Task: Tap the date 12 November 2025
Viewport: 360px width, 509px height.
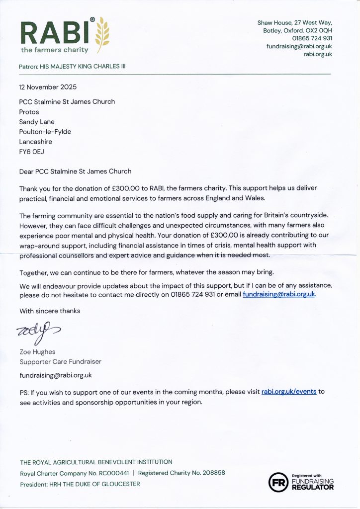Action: pyautogui.click(x=48, y=87)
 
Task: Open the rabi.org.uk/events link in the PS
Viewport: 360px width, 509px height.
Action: pyautogui.click(x=289, y=392)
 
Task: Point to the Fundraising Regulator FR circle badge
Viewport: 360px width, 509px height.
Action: pyautogui.click(x=278, y=481)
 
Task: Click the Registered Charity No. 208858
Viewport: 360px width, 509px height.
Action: pyautogui.click(x=181, y=473)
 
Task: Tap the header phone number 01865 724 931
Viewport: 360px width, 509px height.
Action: pyautogui.click(x=312, y=38)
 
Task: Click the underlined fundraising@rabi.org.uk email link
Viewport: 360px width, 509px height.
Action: pyautogui.click(x=279, y=294)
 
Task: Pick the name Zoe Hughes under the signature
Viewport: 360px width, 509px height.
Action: pyautogui.click(x=37, y=352)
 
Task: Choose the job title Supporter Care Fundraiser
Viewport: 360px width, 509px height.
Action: pyautogui.click(x=60, y=361)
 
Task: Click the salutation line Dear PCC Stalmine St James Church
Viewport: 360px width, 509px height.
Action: pyautogui.click(x=75, y=171)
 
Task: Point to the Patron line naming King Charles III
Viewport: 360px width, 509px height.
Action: pyautogui.click(x=72, y=66)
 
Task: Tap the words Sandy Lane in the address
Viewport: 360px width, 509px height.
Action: pyautogui.click(x=37, y=121)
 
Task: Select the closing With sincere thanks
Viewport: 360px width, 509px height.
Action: pyautogui.click(x=50, y=311)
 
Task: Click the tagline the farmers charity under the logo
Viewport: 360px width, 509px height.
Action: pyautogui.click(x=54, y=50)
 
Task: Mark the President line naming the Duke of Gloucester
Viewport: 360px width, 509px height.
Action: pyautogui.click(x=80, y=484)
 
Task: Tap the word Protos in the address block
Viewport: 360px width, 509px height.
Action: pyautogui.click(x=29, y=112)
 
